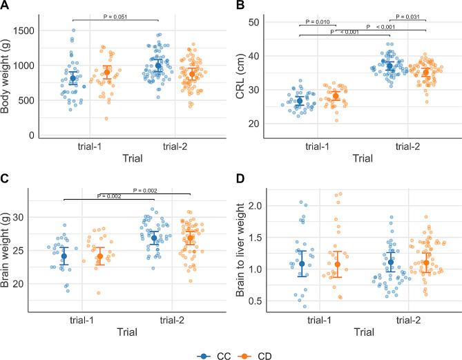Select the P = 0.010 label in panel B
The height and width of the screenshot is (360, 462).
point(318,21)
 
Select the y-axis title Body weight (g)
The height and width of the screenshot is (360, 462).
point(8,80)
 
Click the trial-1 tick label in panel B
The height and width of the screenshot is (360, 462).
point(318,146)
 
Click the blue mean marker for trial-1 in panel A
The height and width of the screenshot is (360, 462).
point(73,79)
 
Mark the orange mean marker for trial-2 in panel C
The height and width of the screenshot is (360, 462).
point(172,238)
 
